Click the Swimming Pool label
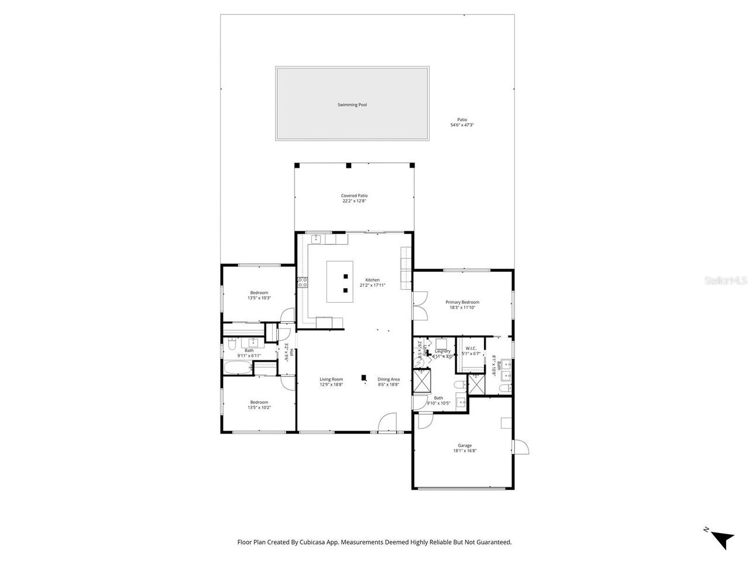click(x=352, y=105)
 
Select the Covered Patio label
click(x=354, y=196)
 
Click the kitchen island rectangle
click(x=339, y=282)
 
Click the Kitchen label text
click(x=373, y=280)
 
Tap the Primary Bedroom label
click(x=462, y=302)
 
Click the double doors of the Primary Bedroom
click(x=419, y=304)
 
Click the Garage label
click(x=465, y=445)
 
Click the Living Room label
click(x=331, y=379)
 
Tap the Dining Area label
click(x=389, y=379)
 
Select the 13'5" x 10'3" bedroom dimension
click(x=259, y=298)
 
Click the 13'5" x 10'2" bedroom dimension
click(x=259, y=407)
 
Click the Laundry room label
click(x=442, y=351)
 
